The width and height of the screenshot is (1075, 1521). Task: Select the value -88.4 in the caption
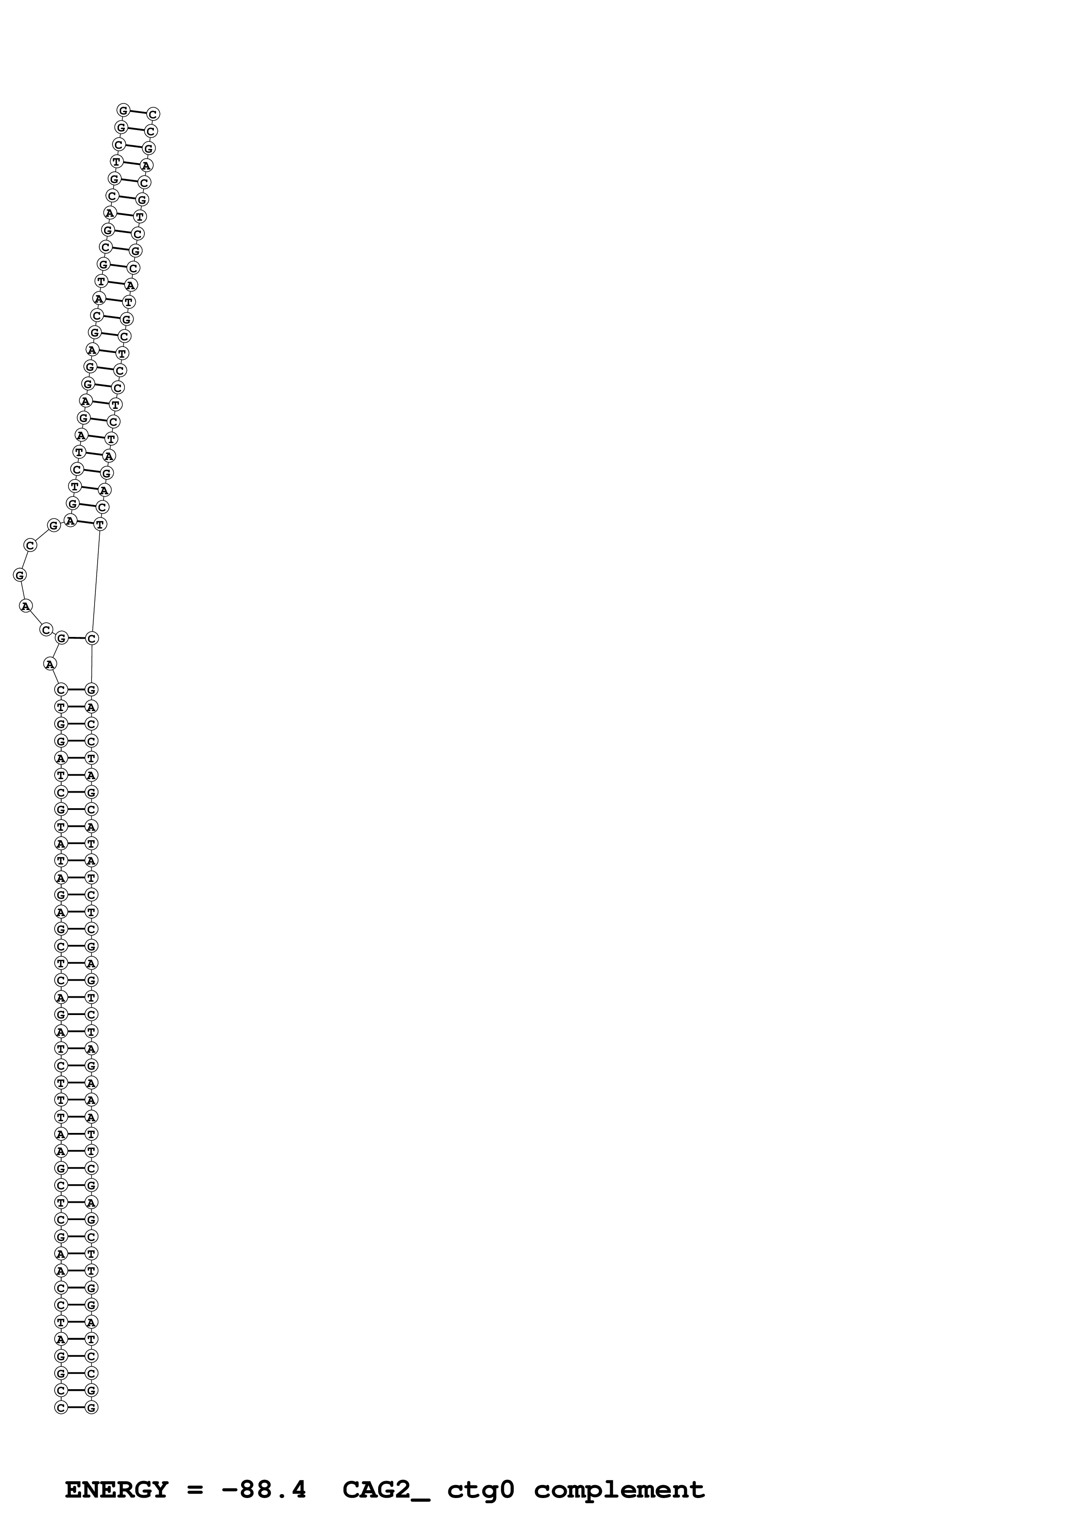click(264, 1490)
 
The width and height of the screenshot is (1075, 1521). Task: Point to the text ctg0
click(481, 1490)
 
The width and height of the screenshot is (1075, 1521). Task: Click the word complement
click(619, 1490)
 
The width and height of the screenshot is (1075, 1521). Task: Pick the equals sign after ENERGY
click(195, 1490)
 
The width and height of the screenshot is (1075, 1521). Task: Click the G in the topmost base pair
click(123, 110)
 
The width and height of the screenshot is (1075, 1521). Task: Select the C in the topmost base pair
click(153, 114)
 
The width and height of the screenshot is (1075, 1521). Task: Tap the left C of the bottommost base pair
click(61, 1407)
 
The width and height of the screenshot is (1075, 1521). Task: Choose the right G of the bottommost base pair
click(91, 1407)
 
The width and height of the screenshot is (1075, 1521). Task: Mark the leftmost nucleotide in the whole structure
click(20, 575)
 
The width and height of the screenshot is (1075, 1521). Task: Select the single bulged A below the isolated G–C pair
click(50, 663)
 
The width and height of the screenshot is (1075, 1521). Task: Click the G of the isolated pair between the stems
click(62, 638)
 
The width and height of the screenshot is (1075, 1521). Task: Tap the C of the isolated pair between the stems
click(92, 638)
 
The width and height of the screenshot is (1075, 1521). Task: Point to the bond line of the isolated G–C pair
click(77, 638)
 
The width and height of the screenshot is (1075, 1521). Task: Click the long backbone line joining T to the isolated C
click(96, 581)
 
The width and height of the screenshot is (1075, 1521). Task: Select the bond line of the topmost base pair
click(138, 112)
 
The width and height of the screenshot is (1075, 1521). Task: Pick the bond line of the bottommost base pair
click(76, 1407)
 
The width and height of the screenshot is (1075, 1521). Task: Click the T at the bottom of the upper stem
click(100, 524)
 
